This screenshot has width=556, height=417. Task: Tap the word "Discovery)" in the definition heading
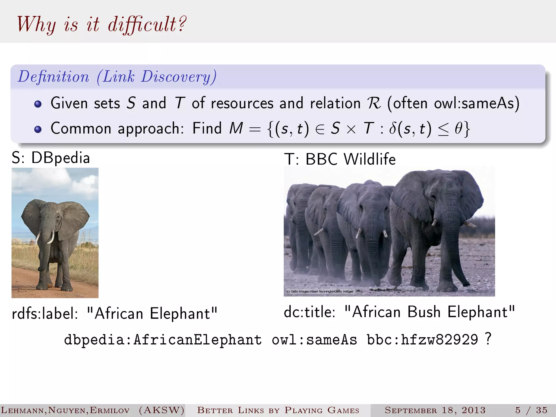point(179,77)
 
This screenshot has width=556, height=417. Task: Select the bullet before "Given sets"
point(38,104)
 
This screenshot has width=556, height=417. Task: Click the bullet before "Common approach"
point(38,129)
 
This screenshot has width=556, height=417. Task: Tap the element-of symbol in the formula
point(320,129)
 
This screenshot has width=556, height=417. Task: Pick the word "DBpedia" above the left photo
point(61,158)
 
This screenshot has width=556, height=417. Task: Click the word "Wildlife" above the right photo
point(369,159)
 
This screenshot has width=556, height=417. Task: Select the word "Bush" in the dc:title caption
point(424,312)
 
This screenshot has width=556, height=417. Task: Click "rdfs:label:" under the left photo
point(45,314)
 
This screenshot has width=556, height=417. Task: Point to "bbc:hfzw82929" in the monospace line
point(422,340)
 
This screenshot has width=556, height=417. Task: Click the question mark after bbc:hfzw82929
point(488,339)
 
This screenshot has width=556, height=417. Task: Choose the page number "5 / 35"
point(531,410)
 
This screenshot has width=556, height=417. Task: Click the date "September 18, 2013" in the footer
point(435,410)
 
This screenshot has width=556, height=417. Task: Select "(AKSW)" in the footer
point(162,410)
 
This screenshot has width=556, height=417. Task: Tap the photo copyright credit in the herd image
point(320,292)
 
